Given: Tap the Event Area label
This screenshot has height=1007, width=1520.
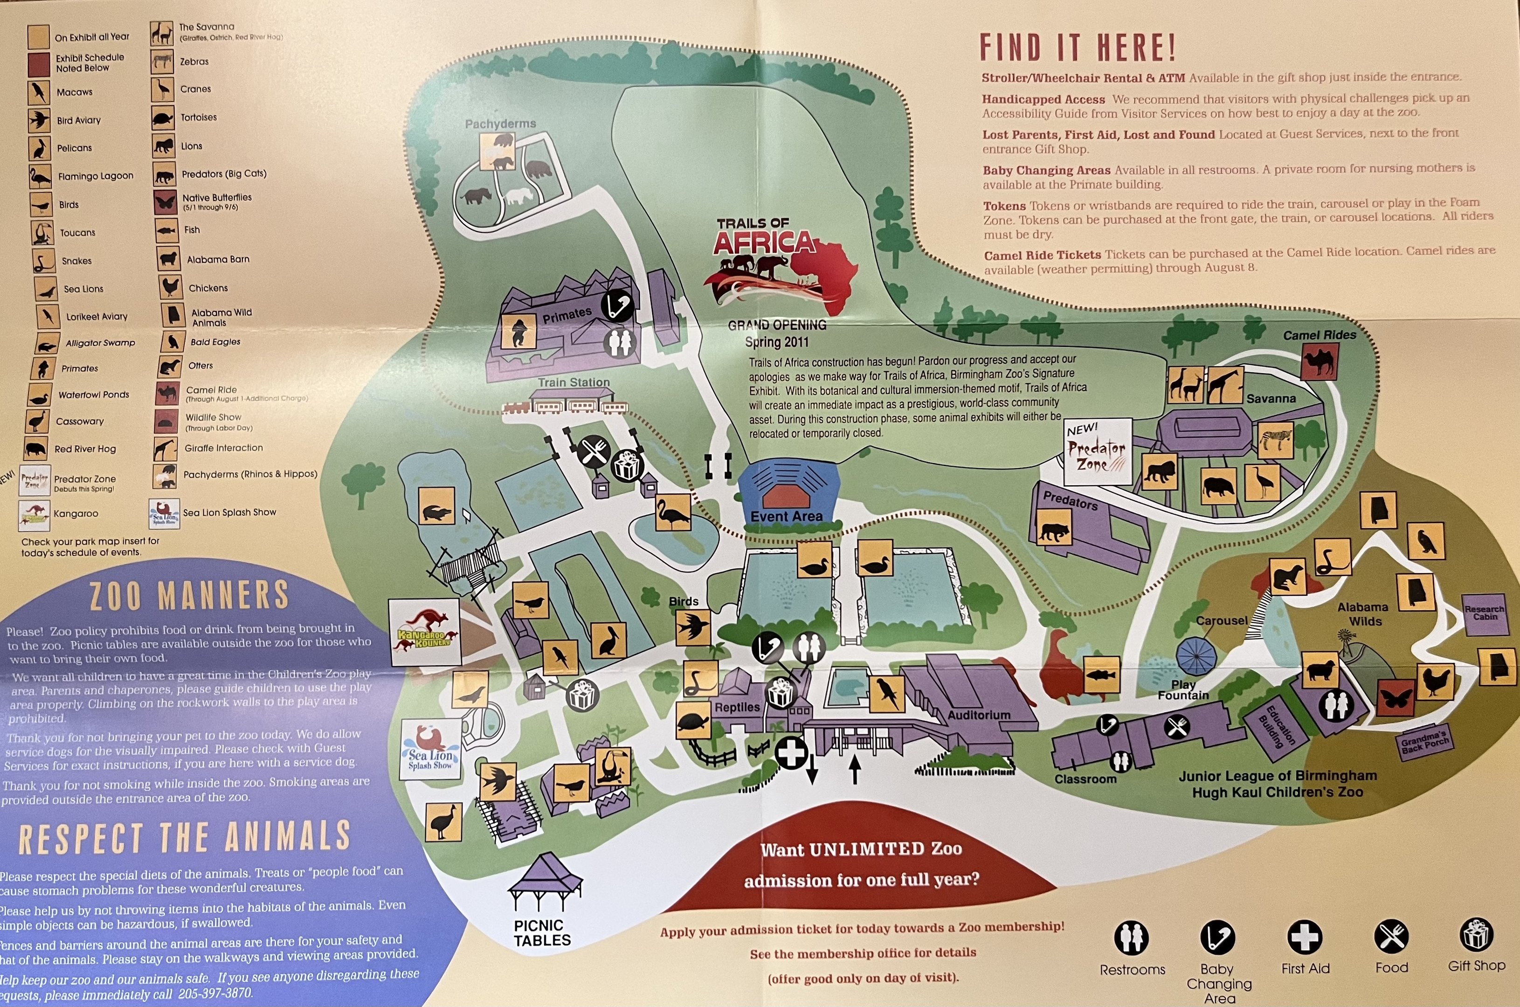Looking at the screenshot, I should coord(786,517).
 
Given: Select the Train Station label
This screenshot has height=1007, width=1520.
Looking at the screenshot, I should coord(573,382).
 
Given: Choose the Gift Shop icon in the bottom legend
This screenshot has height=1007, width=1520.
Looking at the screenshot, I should coord(1476,935).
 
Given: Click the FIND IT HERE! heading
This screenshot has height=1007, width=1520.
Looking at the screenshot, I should coord(1078,48).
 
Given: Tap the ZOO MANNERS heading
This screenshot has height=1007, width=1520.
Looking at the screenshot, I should coord(189,596).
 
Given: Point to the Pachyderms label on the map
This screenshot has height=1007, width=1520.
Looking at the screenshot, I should coord(500,123).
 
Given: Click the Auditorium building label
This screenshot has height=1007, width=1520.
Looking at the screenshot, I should coord(979,715).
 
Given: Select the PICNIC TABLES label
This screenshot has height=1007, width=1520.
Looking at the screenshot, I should coord(542,932).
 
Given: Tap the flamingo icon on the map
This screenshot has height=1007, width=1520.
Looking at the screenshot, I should coord(672,512).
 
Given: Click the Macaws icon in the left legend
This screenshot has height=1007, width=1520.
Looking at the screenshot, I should coord(39,92).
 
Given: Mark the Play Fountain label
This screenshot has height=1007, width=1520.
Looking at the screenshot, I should coord(1183,690).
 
